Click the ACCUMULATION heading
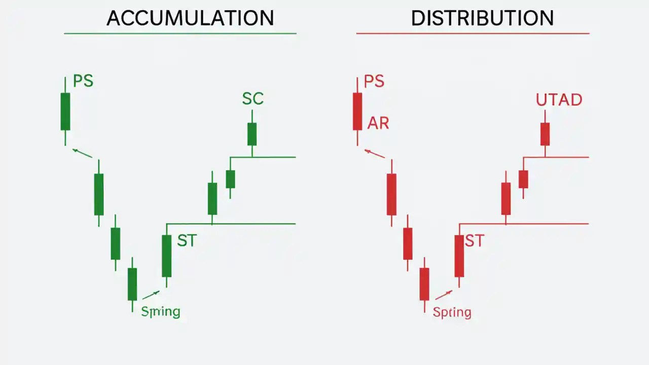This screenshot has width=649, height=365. click(190, 18)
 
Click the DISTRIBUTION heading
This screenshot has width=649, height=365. click(482, 18)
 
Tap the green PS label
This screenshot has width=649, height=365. click(83, 81)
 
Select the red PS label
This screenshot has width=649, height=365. click(374, 81)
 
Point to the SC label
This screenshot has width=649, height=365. click(253, 98)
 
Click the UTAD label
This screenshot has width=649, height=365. click(559, 100)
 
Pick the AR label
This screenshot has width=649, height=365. click(378, 123)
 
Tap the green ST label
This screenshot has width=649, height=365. click(186, 241)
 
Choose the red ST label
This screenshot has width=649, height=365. click(475, 241)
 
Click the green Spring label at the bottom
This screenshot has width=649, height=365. click(160, 311)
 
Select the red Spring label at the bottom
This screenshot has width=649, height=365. click(452, 312)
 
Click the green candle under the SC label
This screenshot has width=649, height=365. click(252, 134)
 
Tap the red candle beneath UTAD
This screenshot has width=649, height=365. click(545, 134)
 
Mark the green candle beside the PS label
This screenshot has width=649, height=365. click(65, 112)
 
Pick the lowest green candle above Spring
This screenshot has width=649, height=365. click(132, 284)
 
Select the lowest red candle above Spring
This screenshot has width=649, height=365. click(424, 284)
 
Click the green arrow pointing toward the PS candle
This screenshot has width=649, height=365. click(83, 153)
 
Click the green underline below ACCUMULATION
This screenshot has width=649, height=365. click(180, 33)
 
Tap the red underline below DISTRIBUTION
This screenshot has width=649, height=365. click(473, 33)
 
